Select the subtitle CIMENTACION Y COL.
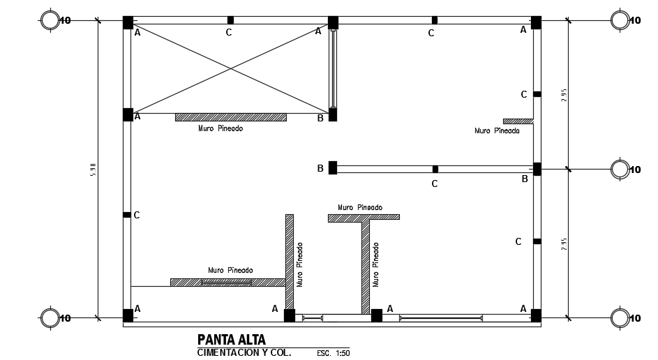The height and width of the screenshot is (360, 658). point(244,352)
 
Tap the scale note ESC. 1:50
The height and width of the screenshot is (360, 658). point(333,353)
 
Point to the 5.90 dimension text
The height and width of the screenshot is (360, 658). point(92,170)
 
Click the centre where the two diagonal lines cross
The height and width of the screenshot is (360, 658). point(231,68)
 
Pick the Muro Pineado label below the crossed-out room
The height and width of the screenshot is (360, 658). point(220,128)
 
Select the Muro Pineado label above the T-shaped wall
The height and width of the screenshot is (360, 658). point(360,207)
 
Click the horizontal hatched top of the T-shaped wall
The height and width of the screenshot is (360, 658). point(364,218)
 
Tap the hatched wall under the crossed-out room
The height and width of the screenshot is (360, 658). point(230,117)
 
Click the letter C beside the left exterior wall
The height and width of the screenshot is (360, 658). point(137,215)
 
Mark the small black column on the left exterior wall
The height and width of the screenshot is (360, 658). point(127,215)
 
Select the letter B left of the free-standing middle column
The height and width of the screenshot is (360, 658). point(320,168)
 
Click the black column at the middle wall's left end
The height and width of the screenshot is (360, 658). point(333,167)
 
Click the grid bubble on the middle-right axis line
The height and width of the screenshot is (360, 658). point(620,169)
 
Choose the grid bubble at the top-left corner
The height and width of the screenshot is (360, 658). point(50,20)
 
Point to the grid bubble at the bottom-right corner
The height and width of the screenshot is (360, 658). point(620,318)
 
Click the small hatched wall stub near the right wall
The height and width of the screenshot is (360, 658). point(518,121)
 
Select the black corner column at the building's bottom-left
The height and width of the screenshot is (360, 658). point(128,315)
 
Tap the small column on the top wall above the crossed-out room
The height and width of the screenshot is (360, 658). point(230,20)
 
